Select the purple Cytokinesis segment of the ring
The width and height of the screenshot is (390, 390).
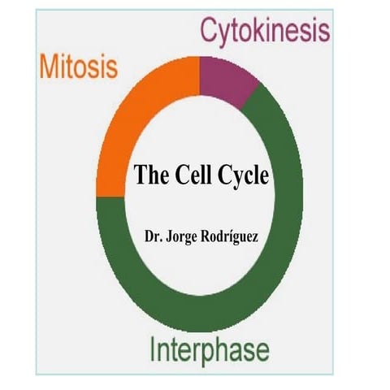click(x=228, y=78)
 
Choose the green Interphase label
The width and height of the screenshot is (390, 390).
click(x=209, y=351)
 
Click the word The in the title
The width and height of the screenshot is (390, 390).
click(x=149, y=175)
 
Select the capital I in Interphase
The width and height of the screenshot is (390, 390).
click(x=153, y=350)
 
